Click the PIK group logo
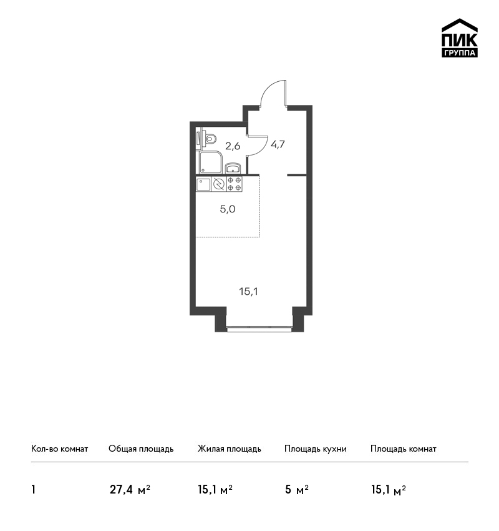(x=460, y=38)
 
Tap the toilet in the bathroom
(x=210, y=139)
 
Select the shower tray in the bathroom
(x=211, y=162)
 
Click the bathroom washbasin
(x=233, y=168)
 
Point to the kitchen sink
(x=203, y=184)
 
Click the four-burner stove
(x=235, y=184)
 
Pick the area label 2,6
(x=233, y=146)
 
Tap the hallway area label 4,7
(x=278, y=144)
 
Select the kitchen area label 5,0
(x=228, y=209)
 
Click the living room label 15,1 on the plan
(x=248, y=291)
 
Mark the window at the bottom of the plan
(x=259, y=327)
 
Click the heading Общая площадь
(x=141, y=449)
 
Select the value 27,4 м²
(x=130, y=490)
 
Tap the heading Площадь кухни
(x=316, y=449)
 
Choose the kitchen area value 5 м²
(x=297, y=490)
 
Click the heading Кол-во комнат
(x=59, y=449)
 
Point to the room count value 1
(x=33, y=490)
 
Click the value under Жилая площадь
(x=215, y=490)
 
